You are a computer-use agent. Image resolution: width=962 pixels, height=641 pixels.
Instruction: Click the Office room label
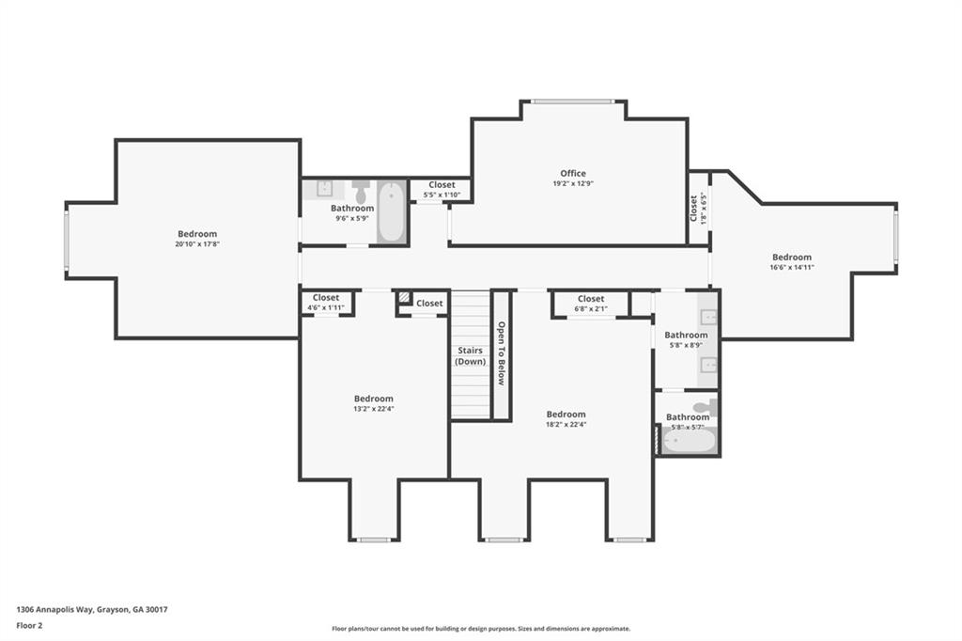pos(573,173)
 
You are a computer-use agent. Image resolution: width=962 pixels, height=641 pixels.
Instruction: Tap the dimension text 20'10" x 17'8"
pos(197,244)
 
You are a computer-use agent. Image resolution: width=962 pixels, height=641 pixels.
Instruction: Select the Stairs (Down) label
pos(470,356)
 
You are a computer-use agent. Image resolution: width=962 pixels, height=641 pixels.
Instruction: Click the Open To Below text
pos(502,353)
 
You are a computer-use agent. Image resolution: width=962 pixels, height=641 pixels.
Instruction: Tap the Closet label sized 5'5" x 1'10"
pos(442,185)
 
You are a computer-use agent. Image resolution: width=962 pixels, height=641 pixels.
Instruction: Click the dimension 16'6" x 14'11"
pos(792,268)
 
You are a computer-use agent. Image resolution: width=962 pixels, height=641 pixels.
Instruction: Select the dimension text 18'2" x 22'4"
pos(566,424)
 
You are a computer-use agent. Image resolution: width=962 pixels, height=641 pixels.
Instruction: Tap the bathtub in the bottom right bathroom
pos(689,440)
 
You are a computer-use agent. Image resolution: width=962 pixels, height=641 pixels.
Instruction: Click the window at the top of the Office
pos(572,102)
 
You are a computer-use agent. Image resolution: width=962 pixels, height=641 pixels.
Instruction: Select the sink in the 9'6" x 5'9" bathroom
pos(324,188)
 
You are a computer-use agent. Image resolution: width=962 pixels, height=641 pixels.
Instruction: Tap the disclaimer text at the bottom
pos(480,629)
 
